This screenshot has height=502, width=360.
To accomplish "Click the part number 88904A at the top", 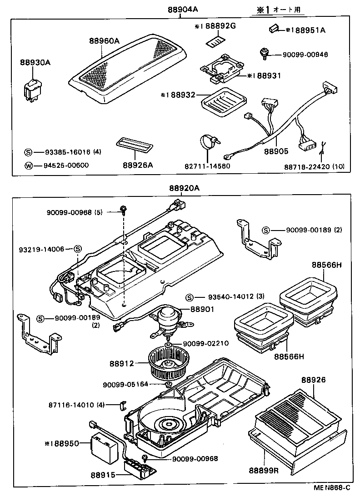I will pyautogui.click(x=180, y=9).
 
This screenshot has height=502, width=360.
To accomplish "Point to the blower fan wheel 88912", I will pyautogui.click(x=167, y=363).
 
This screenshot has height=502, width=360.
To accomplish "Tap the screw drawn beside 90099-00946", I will pyautogui.click(x=263, y=54).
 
